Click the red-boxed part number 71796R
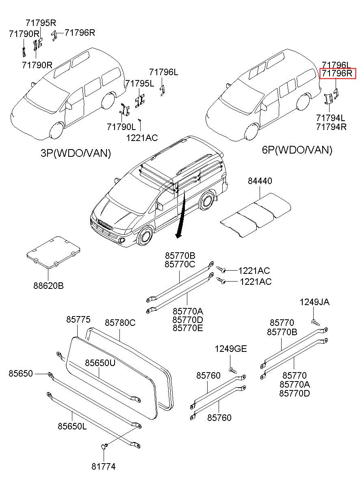(338, 74)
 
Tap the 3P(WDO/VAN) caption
(76, 153)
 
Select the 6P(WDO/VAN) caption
(297, 150)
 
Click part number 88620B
(48, 286)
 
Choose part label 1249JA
(314, 302)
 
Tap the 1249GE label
(231, 349)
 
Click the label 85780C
(120, 323)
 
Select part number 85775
(78, 320)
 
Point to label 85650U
(100, 362)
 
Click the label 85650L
(72, 426)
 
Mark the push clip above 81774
(104, 446)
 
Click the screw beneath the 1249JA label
(315, 322)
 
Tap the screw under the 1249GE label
(232, 370)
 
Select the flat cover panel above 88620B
(53, 251)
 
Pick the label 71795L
(140, 83)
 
